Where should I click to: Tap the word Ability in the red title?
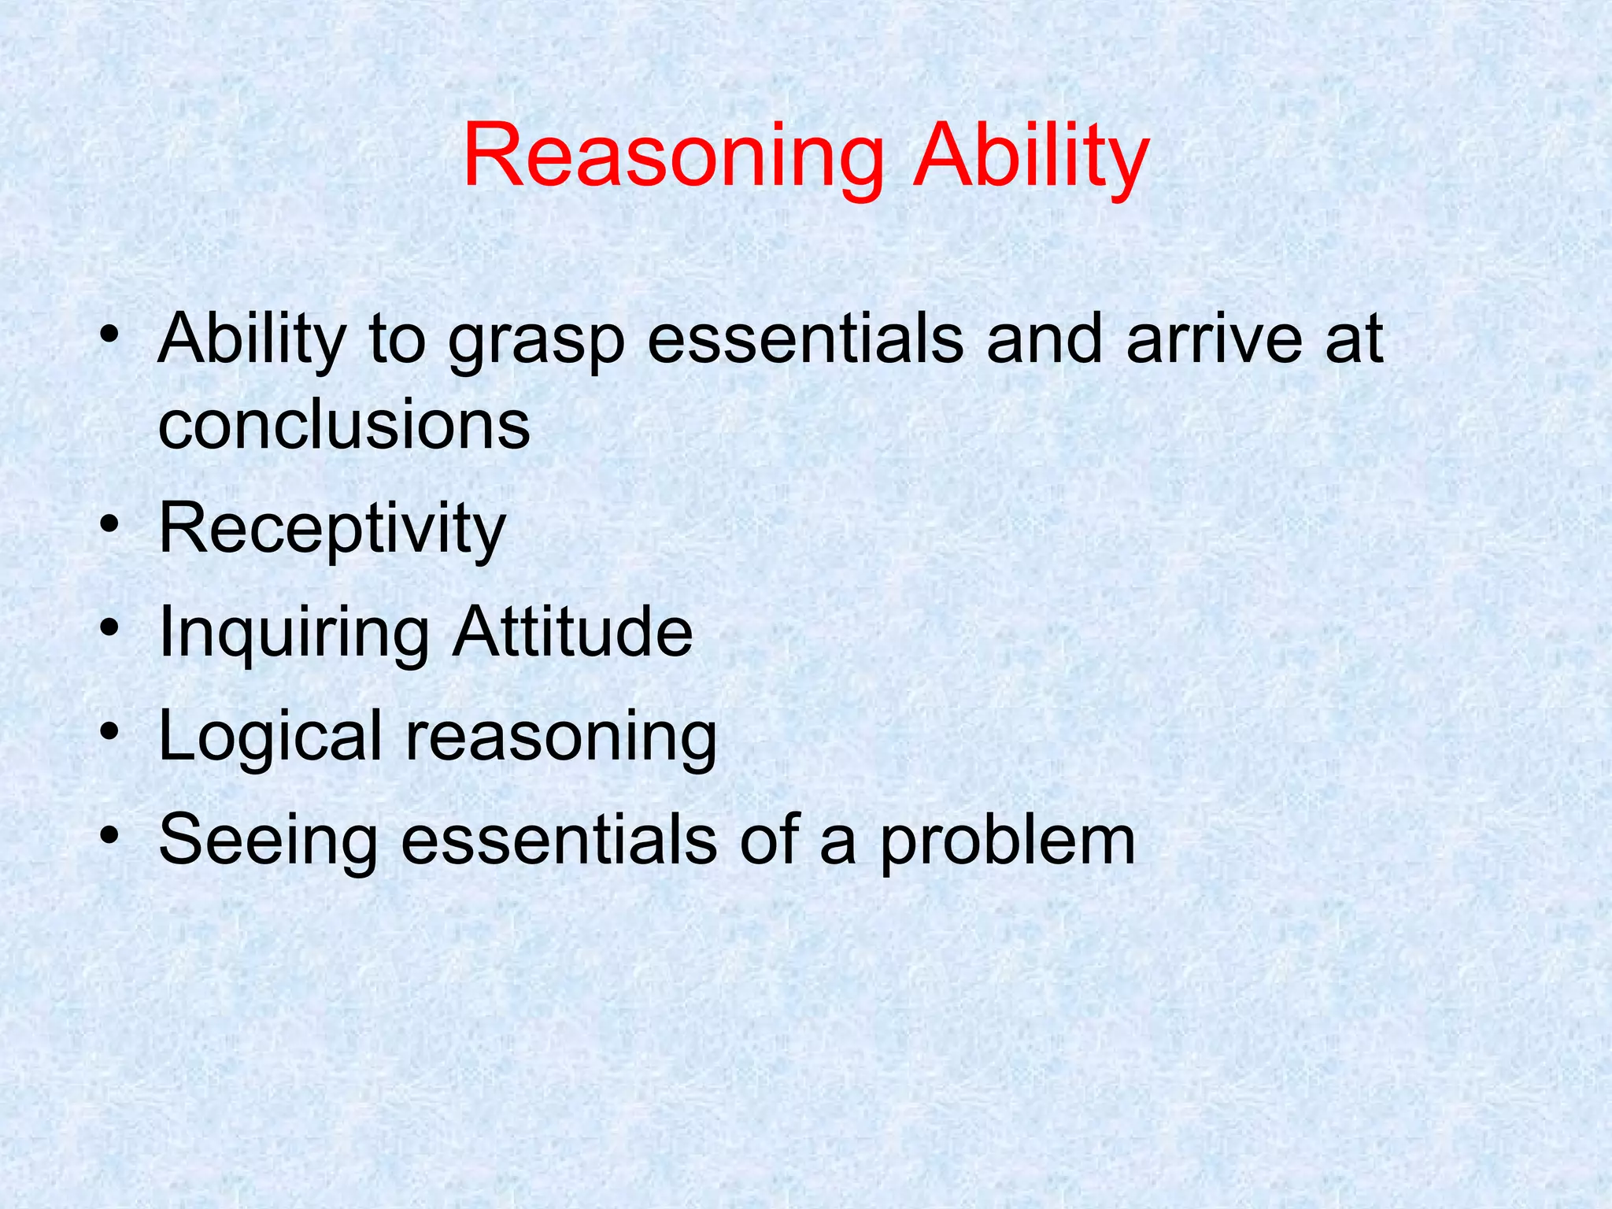point(1031,157)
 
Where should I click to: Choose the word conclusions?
point(344,426)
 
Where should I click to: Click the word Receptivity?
point(331,531)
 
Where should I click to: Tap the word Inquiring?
point(294,634)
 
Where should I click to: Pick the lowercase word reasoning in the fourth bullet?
point(560,740)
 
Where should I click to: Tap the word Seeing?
point(268,842)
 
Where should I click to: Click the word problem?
point(1007,844)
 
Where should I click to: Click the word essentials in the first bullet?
point(805,340)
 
